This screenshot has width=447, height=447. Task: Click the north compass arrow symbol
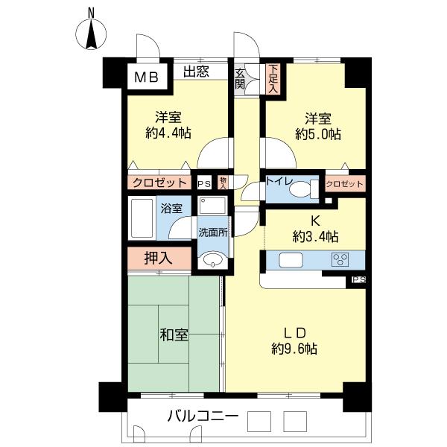pos(91,33)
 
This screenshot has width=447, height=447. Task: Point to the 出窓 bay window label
pos(196,72)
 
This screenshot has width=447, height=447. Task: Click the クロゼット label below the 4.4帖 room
pos(159,183)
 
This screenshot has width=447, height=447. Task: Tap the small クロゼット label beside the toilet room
pos(345,183)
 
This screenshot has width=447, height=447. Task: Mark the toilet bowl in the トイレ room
pos(300,191)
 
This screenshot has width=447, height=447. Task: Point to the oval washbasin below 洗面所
pos(213,260)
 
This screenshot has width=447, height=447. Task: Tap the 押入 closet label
pos(158,259)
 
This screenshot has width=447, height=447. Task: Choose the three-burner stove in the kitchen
pos(341,260)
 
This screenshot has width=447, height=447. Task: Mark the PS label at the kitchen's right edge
pos(358,279)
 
